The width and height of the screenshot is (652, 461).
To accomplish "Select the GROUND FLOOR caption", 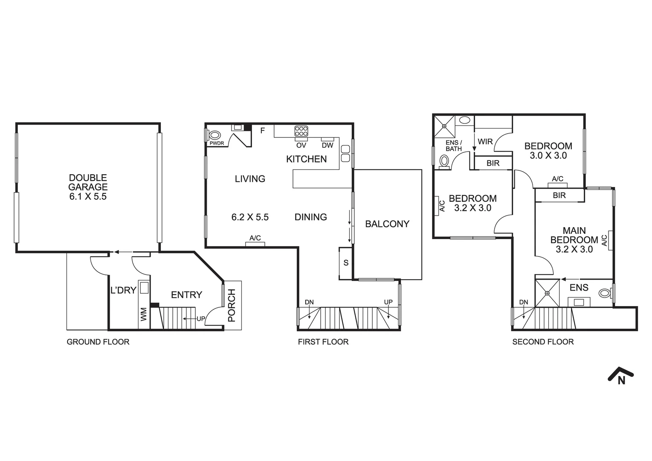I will [98, 342].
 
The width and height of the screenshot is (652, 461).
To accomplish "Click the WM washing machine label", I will [144, 315].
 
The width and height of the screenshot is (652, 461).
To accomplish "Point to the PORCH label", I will [232, 305].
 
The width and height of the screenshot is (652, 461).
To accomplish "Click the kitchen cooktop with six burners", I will [301, 130].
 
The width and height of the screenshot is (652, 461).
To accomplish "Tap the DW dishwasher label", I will [327, 145].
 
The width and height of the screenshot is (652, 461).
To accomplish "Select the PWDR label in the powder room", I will [217, 143].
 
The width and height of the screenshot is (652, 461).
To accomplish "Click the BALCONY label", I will [387, 224].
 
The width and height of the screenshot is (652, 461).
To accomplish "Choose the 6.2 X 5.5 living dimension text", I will [250, 217].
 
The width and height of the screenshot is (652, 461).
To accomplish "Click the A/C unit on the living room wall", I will [255, 244].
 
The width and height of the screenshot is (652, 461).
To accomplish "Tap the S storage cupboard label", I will [346, 263].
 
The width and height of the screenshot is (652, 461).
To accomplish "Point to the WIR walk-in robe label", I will [485, 142].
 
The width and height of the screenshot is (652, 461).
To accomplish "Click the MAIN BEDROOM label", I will [574, 239].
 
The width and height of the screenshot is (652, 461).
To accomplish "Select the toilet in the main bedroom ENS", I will [605, 293].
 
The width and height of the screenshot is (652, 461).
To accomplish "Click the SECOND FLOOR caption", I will [543, 342].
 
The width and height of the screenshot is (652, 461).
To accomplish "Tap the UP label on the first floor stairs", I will [388, 302].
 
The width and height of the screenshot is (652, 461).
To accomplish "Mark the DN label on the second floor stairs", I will [524, 302].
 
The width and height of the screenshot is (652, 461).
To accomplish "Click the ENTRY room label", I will [186, 295].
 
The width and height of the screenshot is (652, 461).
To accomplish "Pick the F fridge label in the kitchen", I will [263, 131].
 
